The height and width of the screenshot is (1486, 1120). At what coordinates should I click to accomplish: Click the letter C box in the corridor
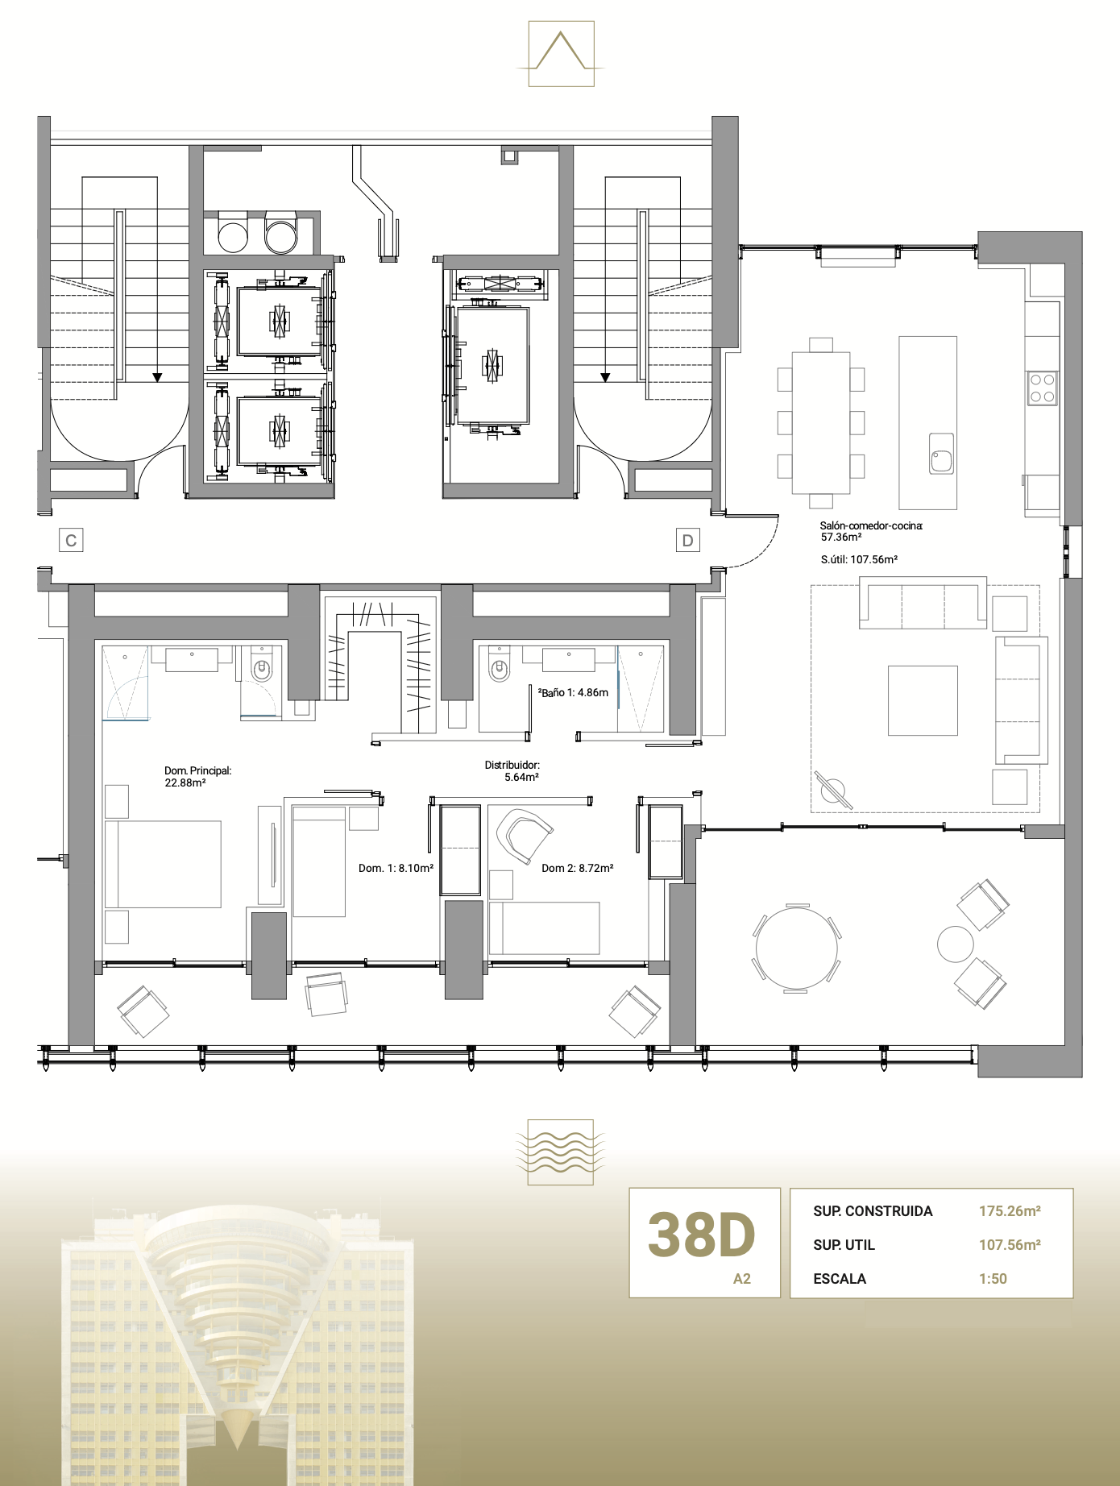click(71, 540)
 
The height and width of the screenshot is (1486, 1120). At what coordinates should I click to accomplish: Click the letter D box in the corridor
click(687, 540)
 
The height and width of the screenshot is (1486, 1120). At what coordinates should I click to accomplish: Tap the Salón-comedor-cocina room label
click(870, 531)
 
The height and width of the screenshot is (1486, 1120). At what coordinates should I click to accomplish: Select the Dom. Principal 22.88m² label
click(197, 776)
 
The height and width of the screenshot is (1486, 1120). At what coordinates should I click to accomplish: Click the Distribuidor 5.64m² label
click(512, 771)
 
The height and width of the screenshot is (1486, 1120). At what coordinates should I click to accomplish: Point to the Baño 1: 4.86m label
click(574, 692)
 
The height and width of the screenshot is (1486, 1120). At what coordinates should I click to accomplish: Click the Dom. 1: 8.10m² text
click(396, 868)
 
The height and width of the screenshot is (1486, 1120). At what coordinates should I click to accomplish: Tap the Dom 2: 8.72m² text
click(577, 868)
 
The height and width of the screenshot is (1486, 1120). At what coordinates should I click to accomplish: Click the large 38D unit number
click(701, 1235)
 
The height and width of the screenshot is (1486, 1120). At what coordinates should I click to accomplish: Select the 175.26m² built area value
click(1010, 1211)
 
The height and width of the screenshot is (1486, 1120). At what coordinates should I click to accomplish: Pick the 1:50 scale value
click(993, 1279)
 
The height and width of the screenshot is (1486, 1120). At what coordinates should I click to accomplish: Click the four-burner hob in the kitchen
click(1042, 388)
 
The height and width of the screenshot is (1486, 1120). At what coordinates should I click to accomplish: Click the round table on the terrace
click(796, 948)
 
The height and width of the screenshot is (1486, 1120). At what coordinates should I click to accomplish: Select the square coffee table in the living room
click(923, 700)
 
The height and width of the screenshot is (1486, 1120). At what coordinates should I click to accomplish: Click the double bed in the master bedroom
click(164, 864)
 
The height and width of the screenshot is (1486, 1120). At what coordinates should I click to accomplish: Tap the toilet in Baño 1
click(499, 666)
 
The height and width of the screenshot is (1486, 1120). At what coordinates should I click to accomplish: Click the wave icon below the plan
click(560, 1152)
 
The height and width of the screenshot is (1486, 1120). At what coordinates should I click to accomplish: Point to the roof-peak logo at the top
click(561, 53)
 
